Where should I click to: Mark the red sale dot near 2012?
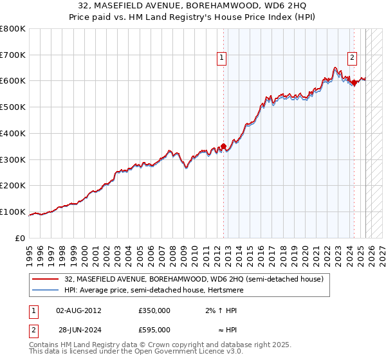(x=223, y=146)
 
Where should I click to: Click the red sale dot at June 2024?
(x=354, y=82)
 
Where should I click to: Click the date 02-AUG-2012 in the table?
(x=78, y=310)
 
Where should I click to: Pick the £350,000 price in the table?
(x=154, y=310)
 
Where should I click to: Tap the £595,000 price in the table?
(x=154, y=330)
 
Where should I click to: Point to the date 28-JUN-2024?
(x=78, y=330)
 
